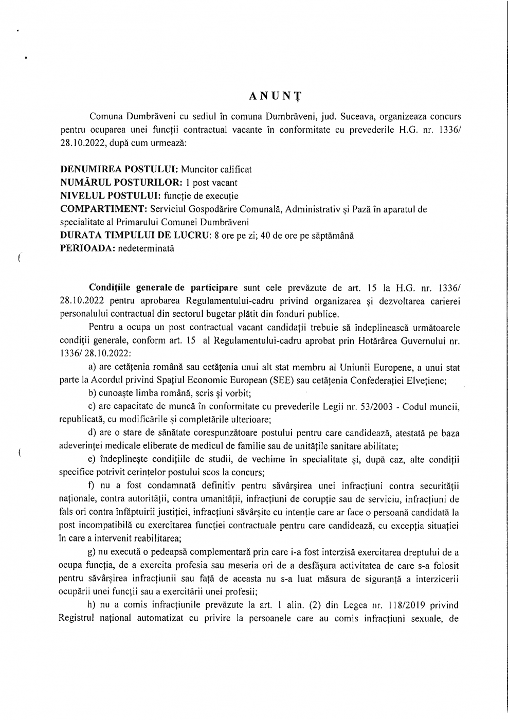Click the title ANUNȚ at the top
pos(275,97)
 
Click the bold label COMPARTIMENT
pos(104,209)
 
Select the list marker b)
pos(93,394)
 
